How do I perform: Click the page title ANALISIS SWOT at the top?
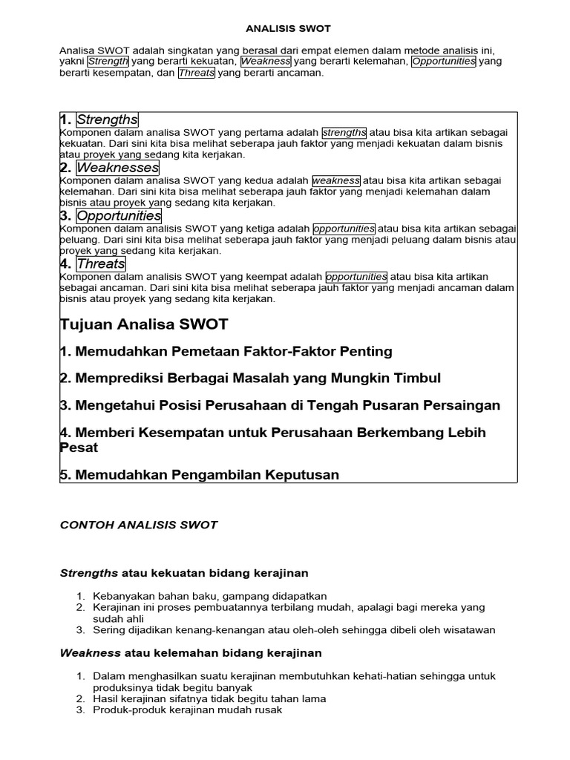coord(288,28)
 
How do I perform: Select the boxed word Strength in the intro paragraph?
coord(108,62)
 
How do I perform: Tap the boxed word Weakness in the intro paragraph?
coord(265,62)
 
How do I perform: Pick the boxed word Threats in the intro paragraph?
coord(197,73)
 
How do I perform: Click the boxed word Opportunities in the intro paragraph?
coord(444,62)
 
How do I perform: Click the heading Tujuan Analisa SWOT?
coord(144,324)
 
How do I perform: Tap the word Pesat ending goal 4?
coord(79,448)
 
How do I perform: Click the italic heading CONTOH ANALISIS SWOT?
coord(139,525)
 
